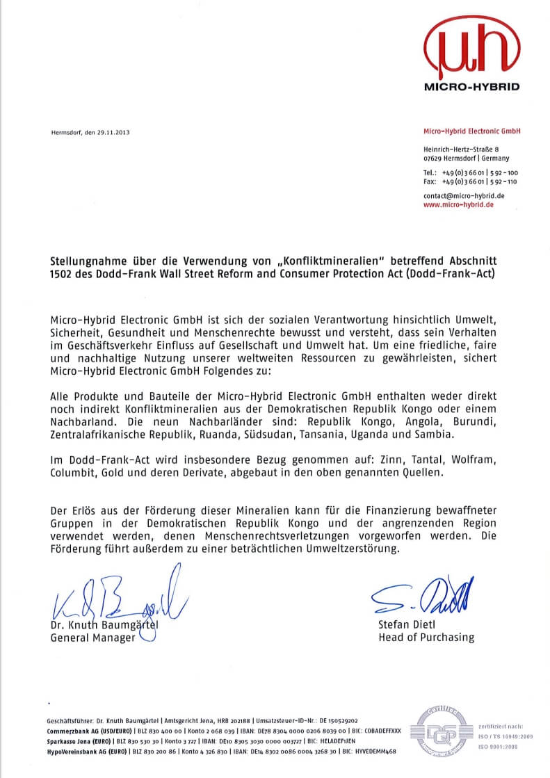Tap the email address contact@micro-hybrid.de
click(464, 196)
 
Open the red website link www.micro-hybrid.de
click(458, 205)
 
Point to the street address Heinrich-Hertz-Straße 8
click(461, 149)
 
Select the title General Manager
click(92, 638)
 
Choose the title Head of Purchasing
click(426, 637)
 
